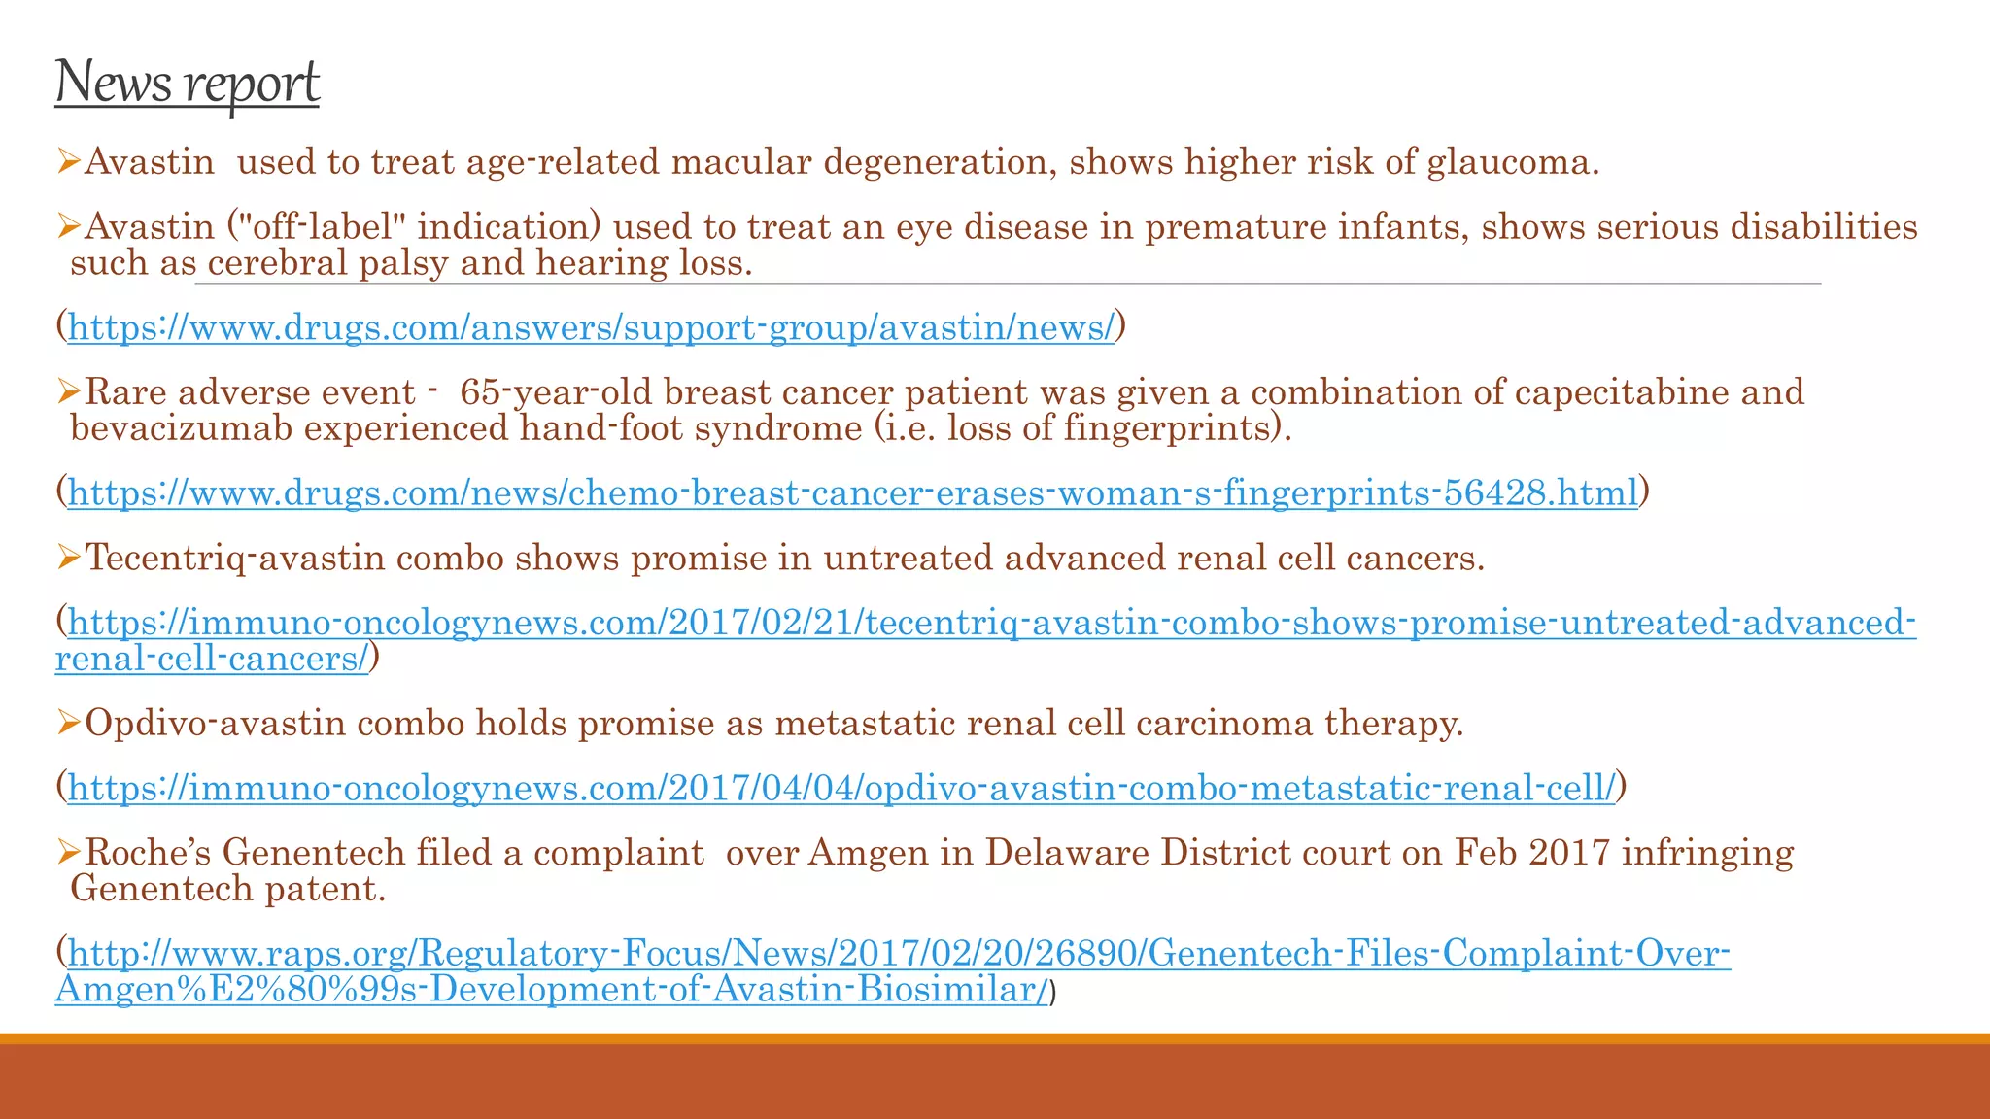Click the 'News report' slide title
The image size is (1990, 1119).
[187, 82]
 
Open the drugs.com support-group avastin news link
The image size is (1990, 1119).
[591, 328]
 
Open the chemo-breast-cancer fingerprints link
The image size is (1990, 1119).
[853, 493]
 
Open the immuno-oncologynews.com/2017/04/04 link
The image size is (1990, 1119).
[841, 788]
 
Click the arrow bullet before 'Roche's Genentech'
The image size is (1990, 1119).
[68, 853]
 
